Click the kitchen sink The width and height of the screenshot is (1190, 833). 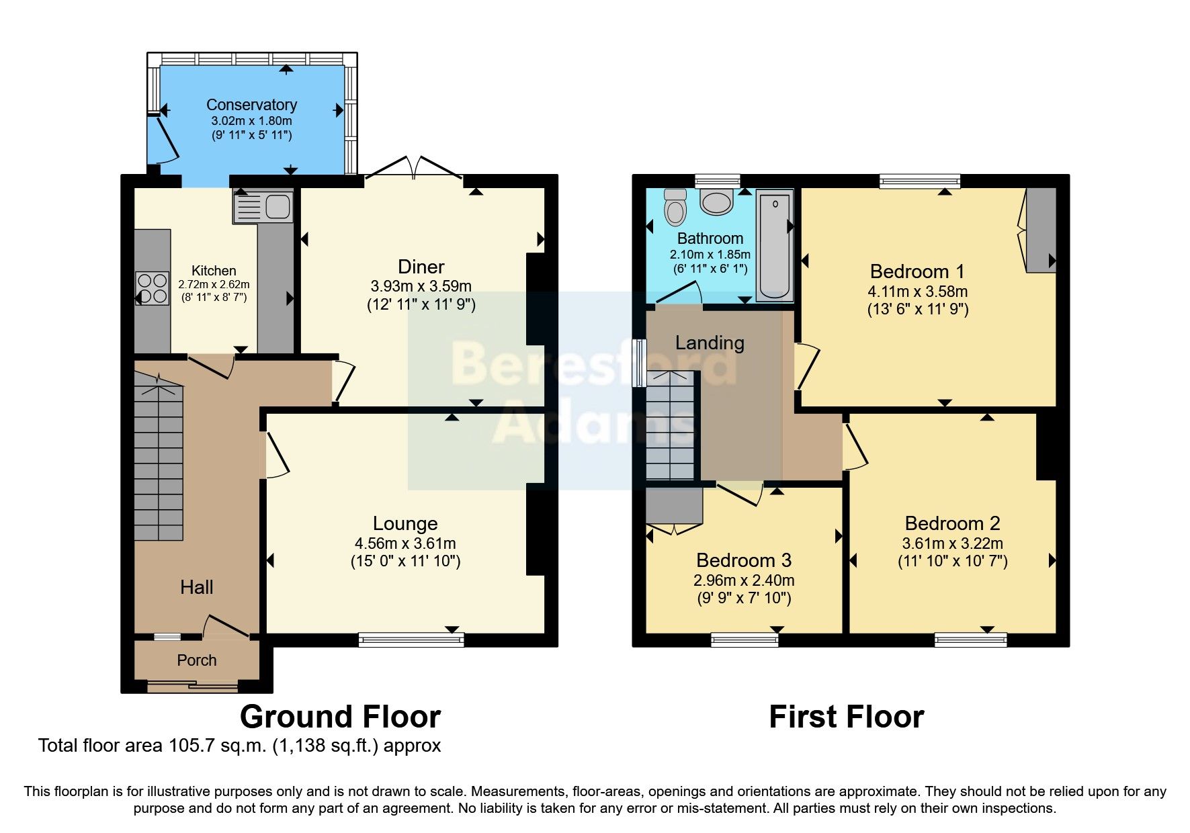point(263,206)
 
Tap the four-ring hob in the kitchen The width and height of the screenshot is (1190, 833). point(153,288)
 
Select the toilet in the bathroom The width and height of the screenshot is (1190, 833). point(675,206)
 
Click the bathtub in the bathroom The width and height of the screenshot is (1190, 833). point(774,245)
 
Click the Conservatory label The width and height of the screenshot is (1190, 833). point(251,105)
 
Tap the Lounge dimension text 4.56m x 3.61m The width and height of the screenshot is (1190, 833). point(405,543)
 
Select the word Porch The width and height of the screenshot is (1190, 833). point(196,660)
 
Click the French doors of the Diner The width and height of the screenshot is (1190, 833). point(413,168)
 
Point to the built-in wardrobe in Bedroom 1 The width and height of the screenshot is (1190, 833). point(1041,230)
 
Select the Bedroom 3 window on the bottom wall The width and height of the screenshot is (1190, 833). point(745,640)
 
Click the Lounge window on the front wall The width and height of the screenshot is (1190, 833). point(411,640)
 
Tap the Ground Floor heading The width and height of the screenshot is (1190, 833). point(340,717)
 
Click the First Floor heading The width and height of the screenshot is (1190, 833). point(846,717)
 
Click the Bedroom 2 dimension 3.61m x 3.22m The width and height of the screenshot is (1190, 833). point(952,543)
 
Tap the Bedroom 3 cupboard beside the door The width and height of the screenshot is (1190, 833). point(674,507)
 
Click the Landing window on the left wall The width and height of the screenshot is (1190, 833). point(640,363)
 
